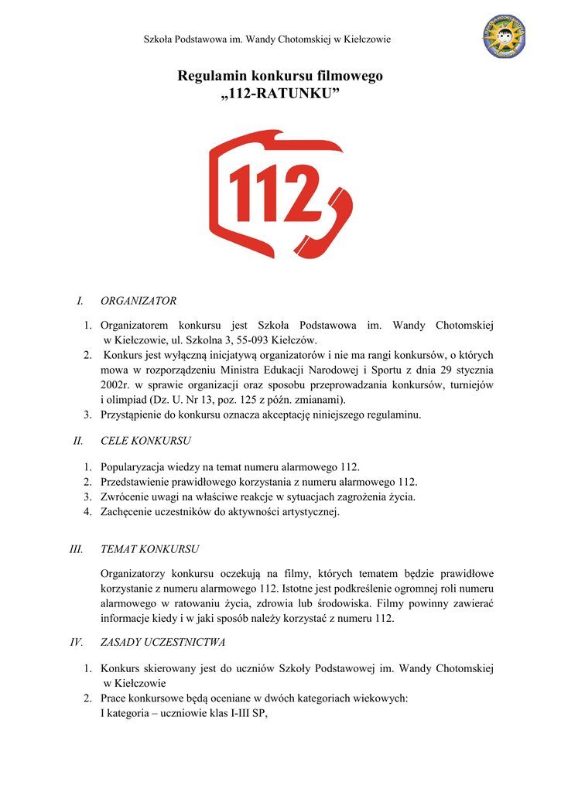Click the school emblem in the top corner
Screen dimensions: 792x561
505,36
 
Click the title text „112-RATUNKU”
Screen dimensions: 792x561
280,94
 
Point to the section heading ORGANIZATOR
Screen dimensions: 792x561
139,300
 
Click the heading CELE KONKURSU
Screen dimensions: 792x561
145,441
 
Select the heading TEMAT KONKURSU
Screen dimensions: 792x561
150,549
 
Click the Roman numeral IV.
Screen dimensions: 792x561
77,642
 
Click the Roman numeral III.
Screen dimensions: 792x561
76,549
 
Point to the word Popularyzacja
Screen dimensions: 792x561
135,467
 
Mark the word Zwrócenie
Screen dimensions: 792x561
128,497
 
